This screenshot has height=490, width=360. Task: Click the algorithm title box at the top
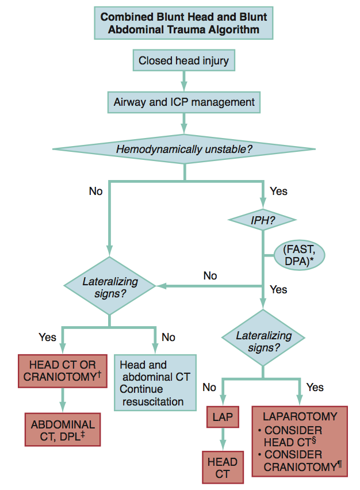pos(183,22)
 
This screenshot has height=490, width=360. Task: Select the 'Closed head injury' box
pos(183,60)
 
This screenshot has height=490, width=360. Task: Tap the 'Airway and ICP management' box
pos(183,103)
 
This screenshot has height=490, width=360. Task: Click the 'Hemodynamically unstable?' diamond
pos(183,150)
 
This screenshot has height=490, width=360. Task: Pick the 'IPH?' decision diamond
pos(262,220)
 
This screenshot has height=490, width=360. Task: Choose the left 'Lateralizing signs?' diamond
pos(110,286)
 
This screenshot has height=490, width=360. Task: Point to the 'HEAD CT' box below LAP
pos(222,467)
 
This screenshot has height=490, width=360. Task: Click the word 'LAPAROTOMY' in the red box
pos(300,416)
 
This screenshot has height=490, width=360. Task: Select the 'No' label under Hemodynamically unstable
pos(95,190)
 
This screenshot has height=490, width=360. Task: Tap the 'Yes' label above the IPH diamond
pos(278,190)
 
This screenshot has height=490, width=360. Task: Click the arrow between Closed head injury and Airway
pos(183,80)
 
